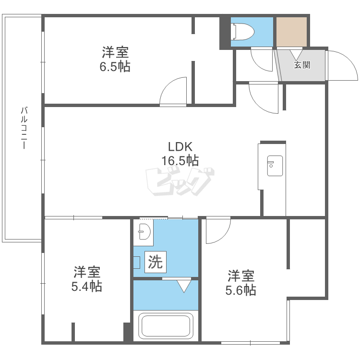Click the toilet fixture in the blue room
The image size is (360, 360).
[x=243, y=32]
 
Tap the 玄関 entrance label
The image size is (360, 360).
[x=302, y=65]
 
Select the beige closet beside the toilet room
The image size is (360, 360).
[x=291, y=32]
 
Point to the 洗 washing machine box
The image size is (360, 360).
[x=156, y=262]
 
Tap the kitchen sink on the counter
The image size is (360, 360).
[x=275, y=166]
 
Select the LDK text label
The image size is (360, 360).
[x=180, y=146]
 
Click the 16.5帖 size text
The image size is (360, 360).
[x=180, y=160]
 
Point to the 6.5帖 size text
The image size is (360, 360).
[x=115, y=67]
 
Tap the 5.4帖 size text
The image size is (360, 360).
[x=86, y=286]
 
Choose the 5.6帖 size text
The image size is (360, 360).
[x=240, y=290]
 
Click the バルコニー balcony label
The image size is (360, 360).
[x=24, y=128]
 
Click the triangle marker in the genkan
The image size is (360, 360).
[x=296, y=55]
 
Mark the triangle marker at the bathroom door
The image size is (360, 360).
[x=184, y=286]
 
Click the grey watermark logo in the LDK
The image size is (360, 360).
[x=180, y=181]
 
